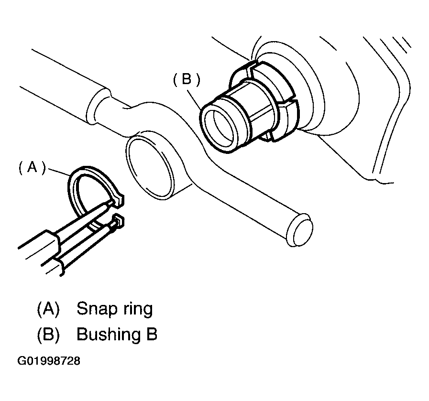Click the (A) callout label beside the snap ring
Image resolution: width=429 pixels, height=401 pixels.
click(32, 168)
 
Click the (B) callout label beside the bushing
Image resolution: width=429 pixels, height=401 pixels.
click(186, 80)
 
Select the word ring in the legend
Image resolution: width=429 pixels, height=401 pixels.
click(136, 309)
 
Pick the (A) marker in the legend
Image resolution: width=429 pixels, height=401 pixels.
click(48, 309)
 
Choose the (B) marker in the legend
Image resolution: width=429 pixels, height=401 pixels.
click(48, 335)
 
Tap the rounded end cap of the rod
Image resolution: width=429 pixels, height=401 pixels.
click(301, 233)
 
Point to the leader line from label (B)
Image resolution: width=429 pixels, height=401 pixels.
click(198, 98)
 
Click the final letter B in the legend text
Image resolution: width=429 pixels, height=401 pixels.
click(151, 335)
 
